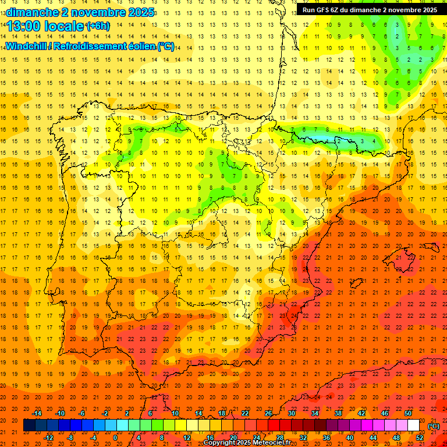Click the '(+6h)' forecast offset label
tap(97, 26)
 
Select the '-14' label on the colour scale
tap(37, 413)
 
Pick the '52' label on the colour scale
tap(420, 437)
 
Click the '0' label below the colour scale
tap(115, 437)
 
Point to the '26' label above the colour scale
tap(268, 413)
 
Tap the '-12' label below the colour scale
tap(49, 437)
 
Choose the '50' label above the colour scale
tap(408, 413)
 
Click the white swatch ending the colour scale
tap(414, 425)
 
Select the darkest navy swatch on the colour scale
tap(29, 425)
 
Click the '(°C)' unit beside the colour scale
tap(434, 425)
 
